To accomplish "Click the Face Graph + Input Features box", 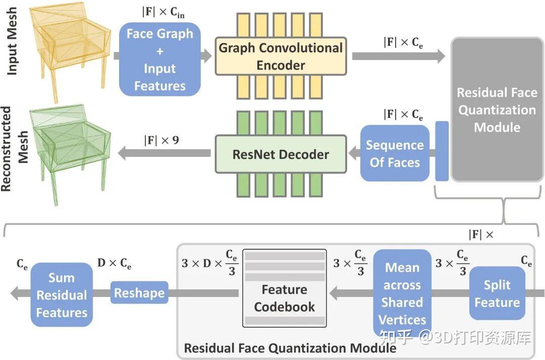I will (x=159, y=59).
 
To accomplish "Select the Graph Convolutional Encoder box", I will (x=281, y=56).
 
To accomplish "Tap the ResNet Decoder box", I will (x=281, y=154).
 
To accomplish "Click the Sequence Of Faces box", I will (x=395, y=153).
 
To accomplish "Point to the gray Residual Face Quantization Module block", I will (x=497, y=109).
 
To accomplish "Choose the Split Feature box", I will (x=497, y=293).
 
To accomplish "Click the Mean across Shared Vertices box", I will (x=402, y=293).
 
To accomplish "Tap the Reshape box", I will (x=139, y=293).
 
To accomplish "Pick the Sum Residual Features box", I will (x=62, y=295).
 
